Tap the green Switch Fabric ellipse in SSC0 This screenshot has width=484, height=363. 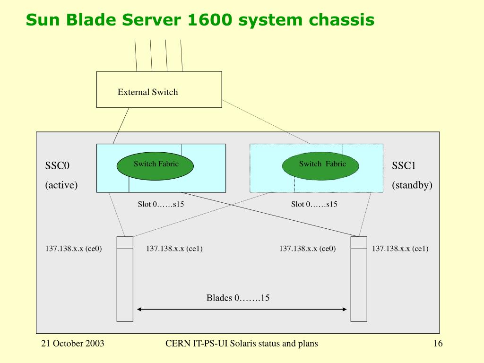pyautogui.click(x=155, y=166)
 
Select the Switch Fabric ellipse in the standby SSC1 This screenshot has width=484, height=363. pyautogui.click(x=320, y=166)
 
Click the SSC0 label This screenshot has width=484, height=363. pyautogui.click(x=57, y=166)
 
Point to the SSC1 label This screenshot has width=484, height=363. pyautogui.click(x=404, y=166)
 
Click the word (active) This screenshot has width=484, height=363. pyautogui.click(x=61, y=185)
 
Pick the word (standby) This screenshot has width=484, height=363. pyautogui.click(x=412, y=185)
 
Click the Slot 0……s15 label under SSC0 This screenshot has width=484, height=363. pyautogui.click(x=161, y=204)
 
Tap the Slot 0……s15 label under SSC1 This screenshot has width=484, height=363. pyautogui.click(x=314, y=204)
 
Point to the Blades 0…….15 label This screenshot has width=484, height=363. pyautogui.click(x=238, y=298)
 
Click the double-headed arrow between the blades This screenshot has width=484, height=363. pyautogui.click(x=242, y=309)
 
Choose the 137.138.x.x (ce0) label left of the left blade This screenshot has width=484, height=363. pyautogui.click(x=73, y=249)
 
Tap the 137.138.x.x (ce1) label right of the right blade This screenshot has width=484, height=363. pyautogui.click(x=400, y=249)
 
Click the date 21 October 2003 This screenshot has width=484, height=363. pyautogui.click(x=72, y=344)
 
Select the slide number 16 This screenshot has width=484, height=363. pyautogui.click(x=438, y=344)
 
